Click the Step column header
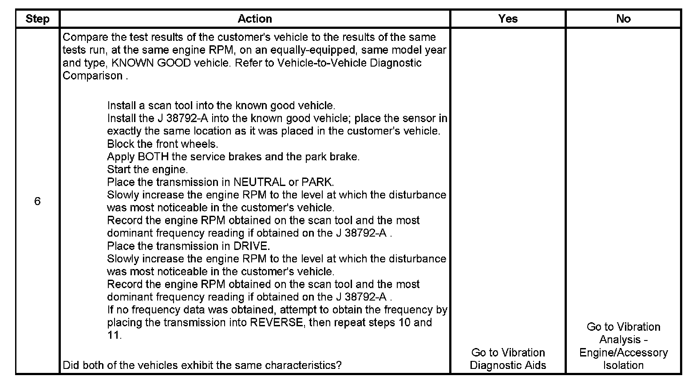pos(37,19)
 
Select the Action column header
pos(255,19)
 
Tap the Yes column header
pos(508,19)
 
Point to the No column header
pos(623,19)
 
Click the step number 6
pos(37,202)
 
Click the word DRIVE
pos(251,246)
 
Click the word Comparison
pos(92,76)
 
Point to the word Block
pos(119,144)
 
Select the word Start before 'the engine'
pos(117,170)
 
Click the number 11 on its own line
pos(113,336)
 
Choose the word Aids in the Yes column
pos(536,365)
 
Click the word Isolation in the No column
pos(623,365)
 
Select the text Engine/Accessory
pos(623,353)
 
